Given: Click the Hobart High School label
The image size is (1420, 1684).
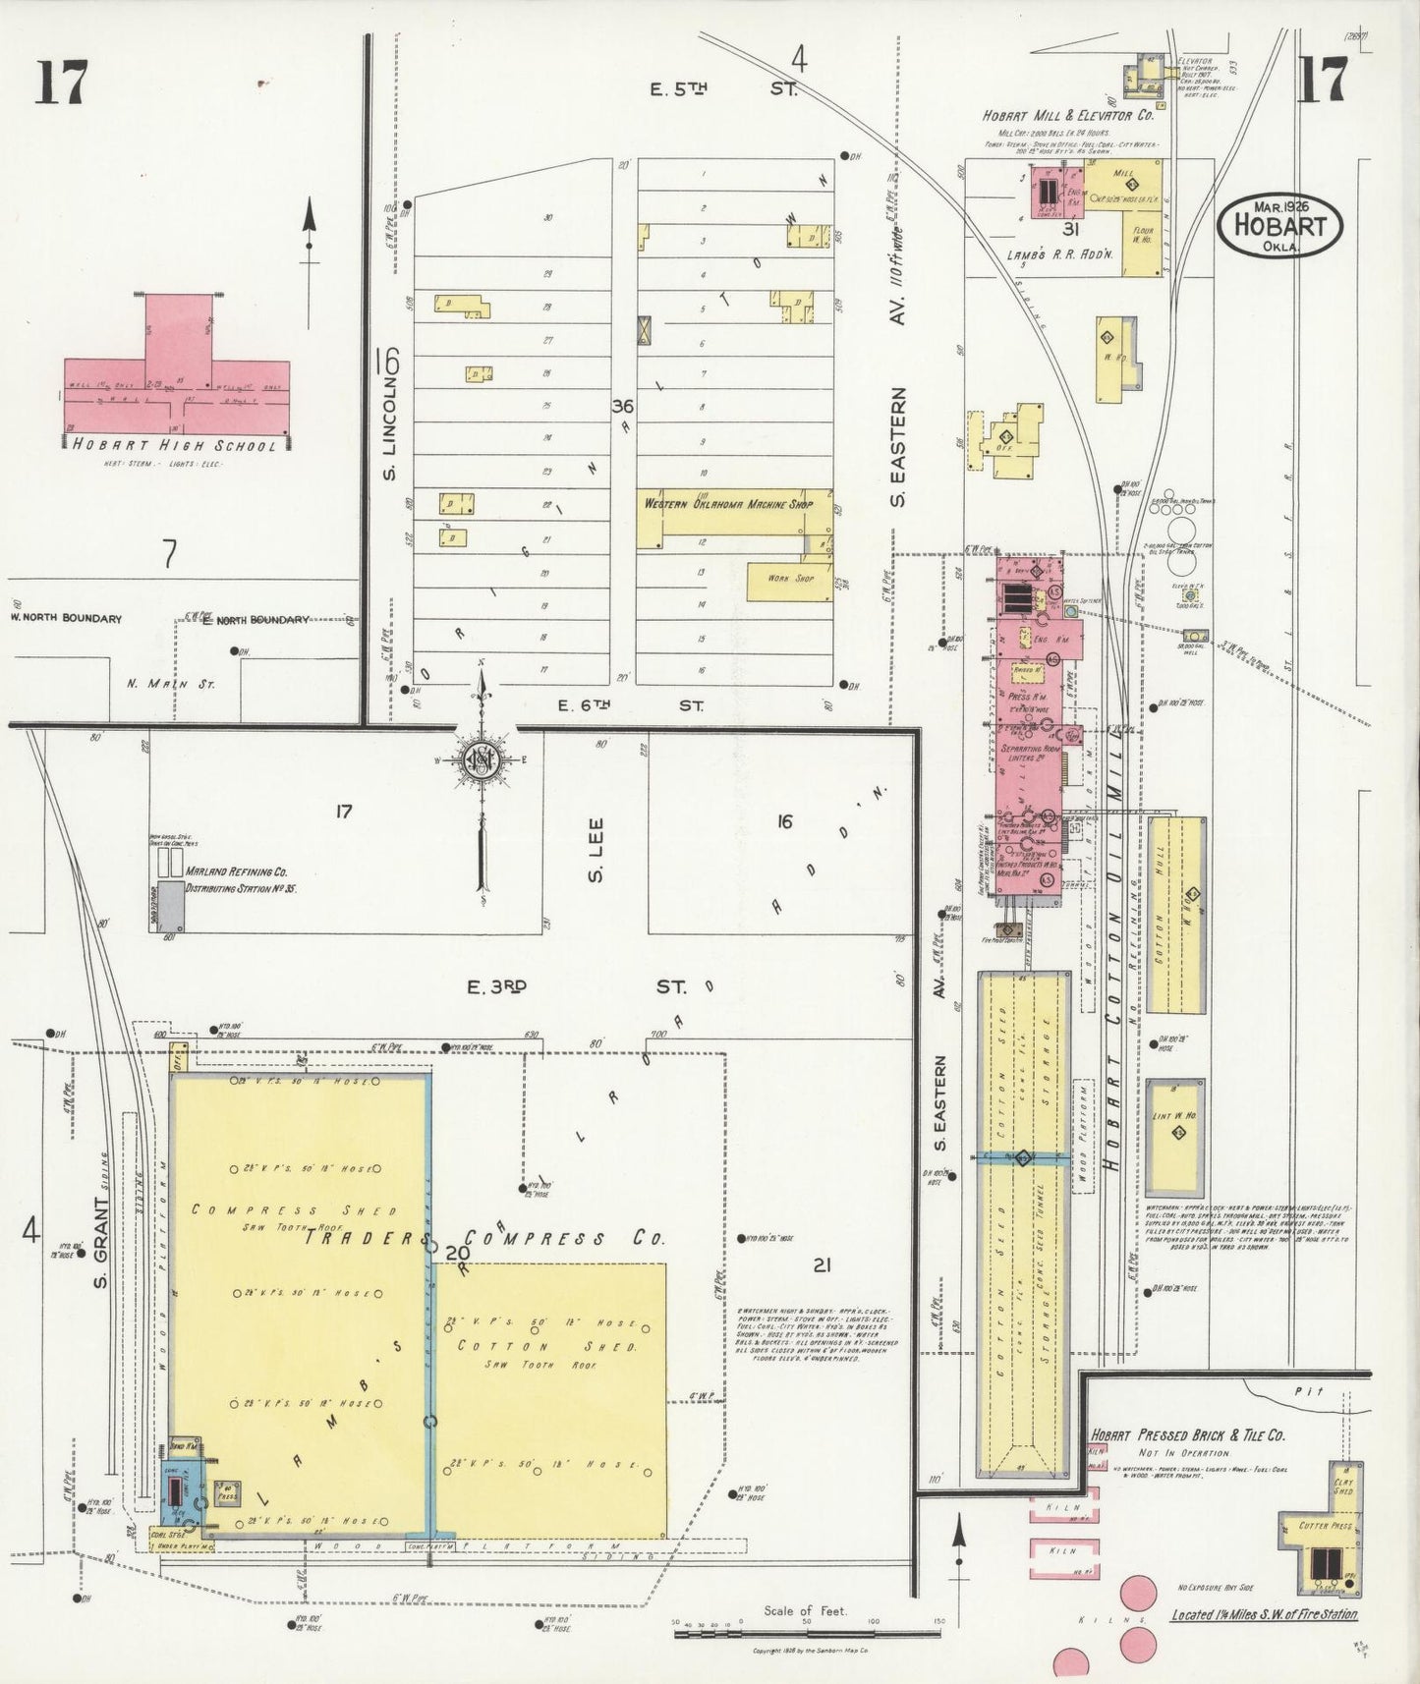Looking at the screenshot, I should [x=175, y=445].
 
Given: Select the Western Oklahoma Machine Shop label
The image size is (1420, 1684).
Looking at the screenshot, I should [x=728, y=504].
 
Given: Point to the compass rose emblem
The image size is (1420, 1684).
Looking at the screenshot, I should [x=482, y=761].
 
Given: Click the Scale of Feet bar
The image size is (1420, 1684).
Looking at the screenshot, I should [x=805, y=1635].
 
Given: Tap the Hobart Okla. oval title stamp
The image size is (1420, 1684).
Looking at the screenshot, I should [x=1278, y=224].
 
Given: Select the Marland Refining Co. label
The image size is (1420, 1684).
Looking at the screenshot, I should [x=236, y=871].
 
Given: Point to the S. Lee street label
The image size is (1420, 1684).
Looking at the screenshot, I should [x=596, y=851].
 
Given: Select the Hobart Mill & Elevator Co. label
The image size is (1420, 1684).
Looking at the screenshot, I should [x=1068, y=115].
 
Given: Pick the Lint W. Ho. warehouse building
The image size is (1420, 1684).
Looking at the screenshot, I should [x=1175, y=1137].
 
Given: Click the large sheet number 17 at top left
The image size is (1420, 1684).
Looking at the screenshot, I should [x=61, y=82].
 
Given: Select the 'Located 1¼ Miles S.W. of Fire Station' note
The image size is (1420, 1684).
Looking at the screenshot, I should [x=1264, y=1614].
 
